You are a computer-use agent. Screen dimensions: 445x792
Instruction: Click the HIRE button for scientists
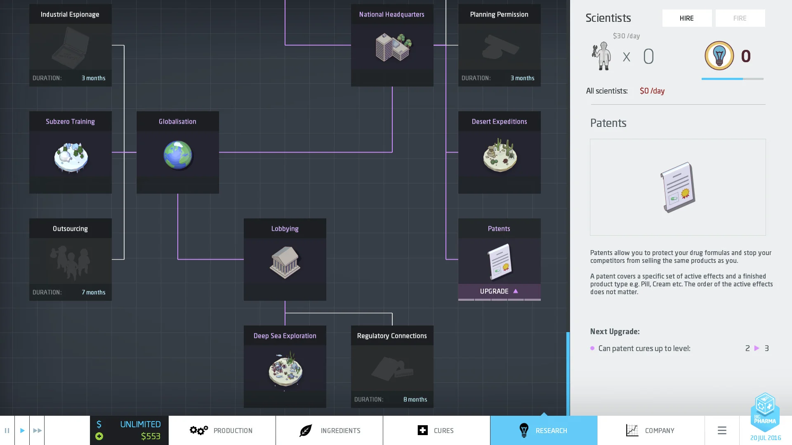click(x=687, y=18)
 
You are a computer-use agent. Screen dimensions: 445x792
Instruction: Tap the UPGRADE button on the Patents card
click(x=499, y=291)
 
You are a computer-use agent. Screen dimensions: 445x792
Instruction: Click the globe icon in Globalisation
click(x=178, y=155)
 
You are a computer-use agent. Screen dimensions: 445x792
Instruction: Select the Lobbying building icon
click(x=285, y=262)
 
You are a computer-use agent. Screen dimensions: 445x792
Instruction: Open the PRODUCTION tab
click(x=222, y=431)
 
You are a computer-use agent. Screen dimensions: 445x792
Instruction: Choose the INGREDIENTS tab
click(x=329, y=431)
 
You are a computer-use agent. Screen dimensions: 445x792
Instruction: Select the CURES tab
click(x=436, y=431)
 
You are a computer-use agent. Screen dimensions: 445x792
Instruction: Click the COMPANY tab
click(x=651, y=431)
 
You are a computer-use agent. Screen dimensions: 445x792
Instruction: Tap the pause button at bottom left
click(x=7, y=431)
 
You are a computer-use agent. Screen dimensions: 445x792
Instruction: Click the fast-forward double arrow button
click(x=37, y=431)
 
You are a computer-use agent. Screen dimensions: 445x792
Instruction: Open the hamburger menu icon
click(x=722, y=431)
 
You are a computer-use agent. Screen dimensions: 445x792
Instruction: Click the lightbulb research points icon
click(x=719, y=56)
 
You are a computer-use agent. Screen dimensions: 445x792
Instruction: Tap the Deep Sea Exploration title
click(x=285, y=336)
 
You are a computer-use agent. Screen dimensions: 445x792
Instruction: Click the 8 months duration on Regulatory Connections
click(x=415, y=399)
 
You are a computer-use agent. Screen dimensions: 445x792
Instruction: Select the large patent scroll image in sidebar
click(x=678, y=187)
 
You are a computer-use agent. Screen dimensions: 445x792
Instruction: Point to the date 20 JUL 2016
click(x=765, y=438)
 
